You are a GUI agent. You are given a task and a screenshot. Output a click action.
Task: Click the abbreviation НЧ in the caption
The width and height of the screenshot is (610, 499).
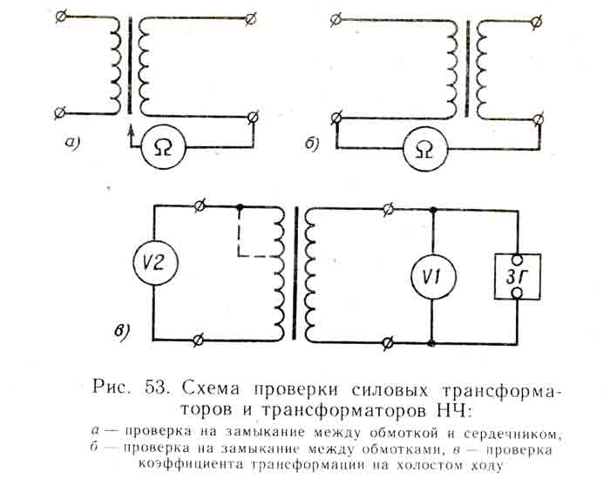[453, 407]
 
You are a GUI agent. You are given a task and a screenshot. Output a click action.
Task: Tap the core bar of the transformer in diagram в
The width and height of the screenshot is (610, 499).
[299, 273]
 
